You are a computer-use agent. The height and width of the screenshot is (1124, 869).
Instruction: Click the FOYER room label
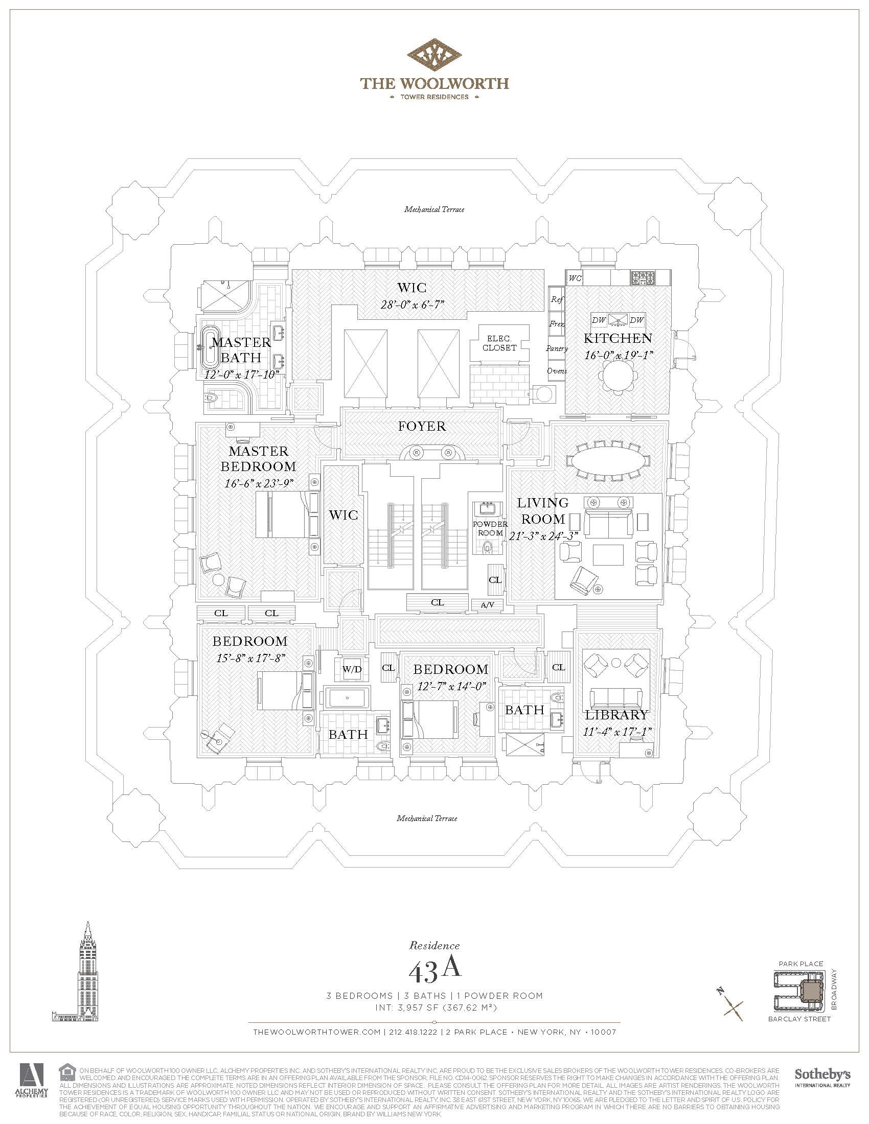[422, 426]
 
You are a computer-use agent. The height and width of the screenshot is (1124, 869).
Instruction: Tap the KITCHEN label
[618, 338]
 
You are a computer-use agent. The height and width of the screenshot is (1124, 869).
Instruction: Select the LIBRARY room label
[616, 715]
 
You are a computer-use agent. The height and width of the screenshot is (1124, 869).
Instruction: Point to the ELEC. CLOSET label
[499, 343]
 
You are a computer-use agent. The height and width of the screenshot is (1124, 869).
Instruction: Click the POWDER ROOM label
[490, 529]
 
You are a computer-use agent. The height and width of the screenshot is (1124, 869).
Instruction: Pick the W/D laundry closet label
[352, 670]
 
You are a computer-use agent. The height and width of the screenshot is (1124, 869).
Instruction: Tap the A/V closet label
[487, 605]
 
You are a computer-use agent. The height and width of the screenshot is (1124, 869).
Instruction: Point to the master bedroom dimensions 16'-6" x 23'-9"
[259, 483]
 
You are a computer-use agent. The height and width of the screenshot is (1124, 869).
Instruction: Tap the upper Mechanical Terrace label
[434, 209]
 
